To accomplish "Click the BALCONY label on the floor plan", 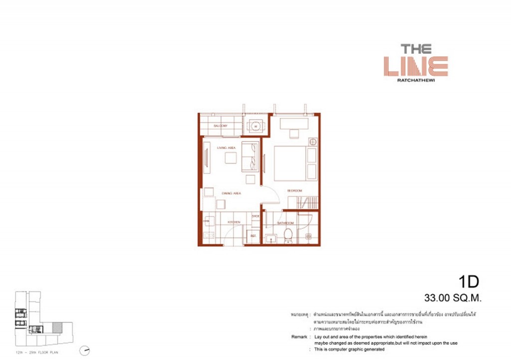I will pyautogui.click(x=221, y=126).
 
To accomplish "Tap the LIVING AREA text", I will pyautogui.click(x=226, y=148).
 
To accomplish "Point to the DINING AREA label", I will pyautogui.click(x=232, y=193).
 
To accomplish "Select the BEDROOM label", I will pyautogui.click(x=294, y=191).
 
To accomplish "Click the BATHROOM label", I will pyautogui.click(x=285, y=223).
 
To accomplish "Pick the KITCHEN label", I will pyautogui.click(x=234, y=222).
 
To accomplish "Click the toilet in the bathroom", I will pyautogui.click(x=287, y=237).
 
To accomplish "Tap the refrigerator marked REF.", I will pyautogui.click(x=253, y=235).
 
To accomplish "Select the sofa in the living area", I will pyautogui.click(x=250, y=157).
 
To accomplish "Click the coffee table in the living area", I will pyautogui.click(x=231, y=158).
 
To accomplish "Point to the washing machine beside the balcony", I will pyautogui.click(x=255, y=126).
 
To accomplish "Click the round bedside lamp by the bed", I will pyautogui.click(x=312, y=142).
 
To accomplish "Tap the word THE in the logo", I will pyautogui.click(x=416, y=49).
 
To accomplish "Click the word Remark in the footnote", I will pyautogui.click(x=300, y=337).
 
